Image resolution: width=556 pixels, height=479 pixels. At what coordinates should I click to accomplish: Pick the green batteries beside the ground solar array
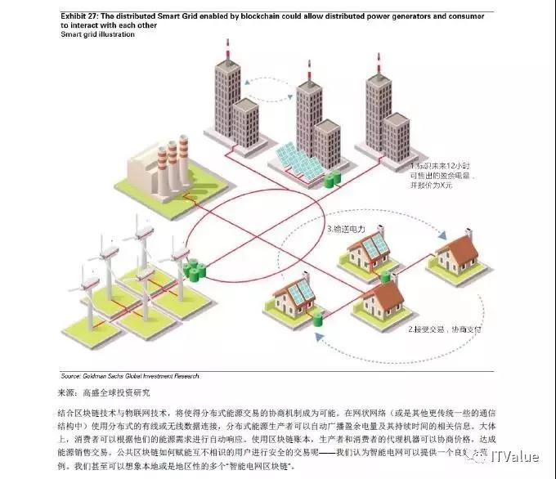tap(331, 179)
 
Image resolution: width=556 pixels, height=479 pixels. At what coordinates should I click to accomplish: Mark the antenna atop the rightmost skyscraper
tap(379, 61)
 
